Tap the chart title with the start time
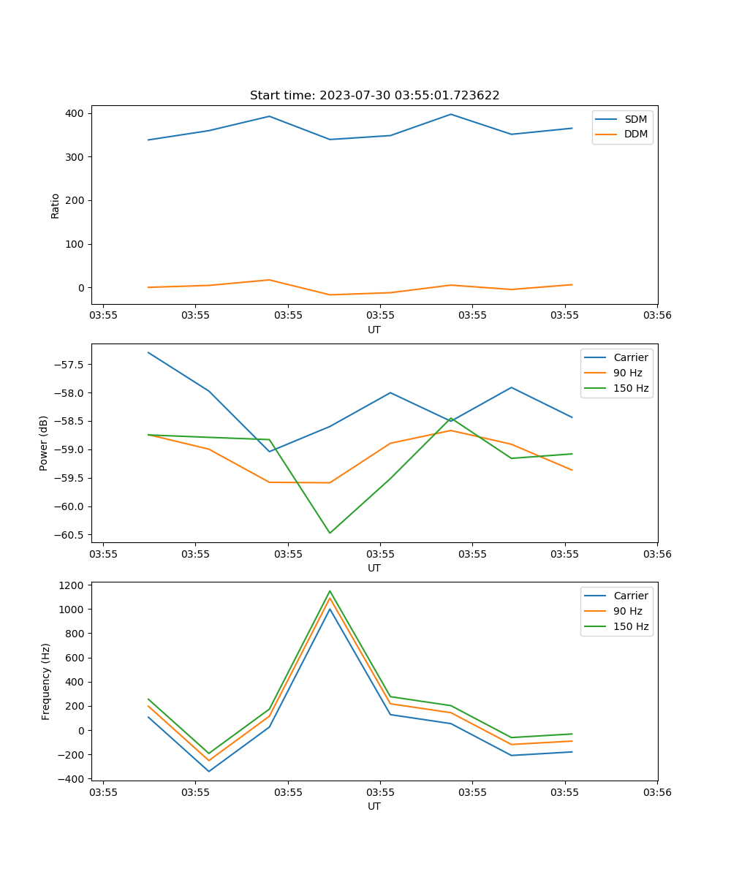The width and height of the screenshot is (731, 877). (374, 96)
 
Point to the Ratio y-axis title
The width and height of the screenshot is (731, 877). (56, 205)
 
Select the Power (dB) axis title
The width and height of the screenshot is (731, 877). (44, 443)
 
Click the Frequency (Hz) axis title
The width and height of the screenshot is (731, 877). (46, 681)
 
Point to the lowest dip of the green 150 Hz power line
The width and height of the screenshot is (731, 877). (330, 533)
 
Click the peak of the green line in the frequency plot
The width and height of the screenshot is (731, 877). (330, 591)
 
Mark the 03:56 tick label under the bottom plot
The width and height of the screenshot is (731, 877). (656, 792)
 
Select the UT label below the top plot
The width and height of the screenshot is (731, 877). (374, 330)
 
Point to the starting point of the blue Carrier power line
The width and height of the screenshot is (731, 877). (148, 352)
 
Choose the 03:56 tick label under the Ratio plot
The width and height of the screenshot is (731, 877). (656, 316)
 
